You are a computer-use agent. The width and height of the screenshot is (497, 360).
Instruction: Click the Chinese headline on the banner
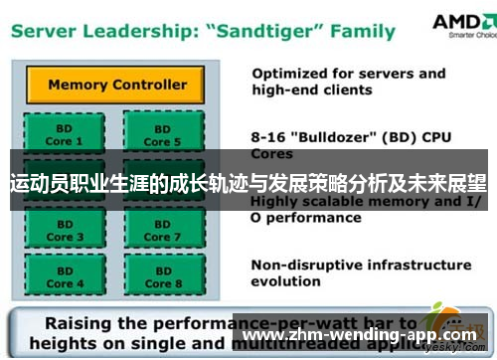248,184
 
